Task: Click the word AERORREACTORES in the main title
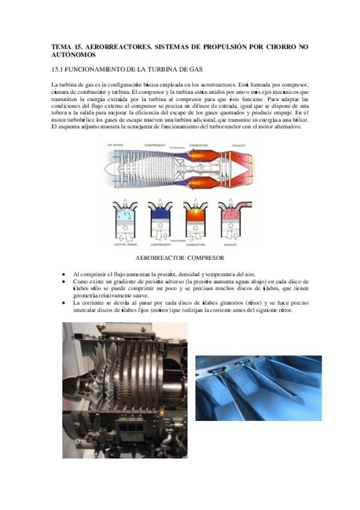[x=114, y=46]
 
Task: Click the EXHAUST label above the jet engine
[x=238, y=145]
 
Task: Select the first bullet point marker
[x=64, y=273]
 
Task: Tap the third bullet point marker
[x=64, y=303]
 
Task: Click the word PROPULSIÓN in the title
[x=228, y=46]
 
